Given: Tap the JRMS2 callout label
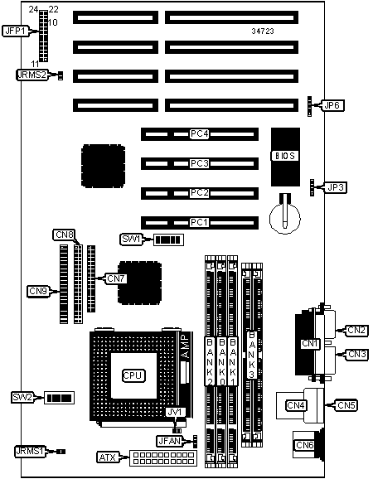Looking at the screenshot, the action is (x=32, y=75).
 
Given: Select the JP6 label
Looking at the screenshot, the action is (x=332, y=106).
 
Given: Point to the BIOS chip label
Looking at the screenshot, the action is (x=284, y=156).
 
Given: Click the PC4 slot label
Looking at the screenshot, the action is (x=199, y=133).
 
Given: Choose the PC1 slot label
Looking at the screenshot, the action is (x=199, y=222).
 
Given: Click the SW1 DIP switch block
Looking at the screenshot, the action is (x=168, y=239).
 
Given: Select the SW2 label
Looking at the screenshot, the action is (x=22, y=397).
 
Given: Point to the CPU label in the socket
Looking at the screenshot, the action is (x=133, y=375).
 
